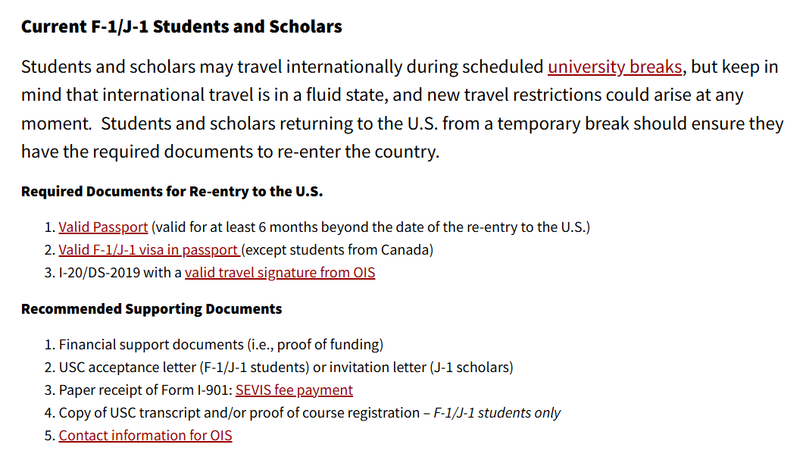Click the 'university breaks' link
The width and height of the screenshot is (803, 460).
click(x=614, y=67)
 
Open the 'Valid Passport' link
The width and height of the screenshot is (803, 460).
click(x=103, y=227)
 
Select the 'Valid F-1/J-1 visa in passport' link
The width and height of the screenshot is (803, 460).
click(x=149, y=249)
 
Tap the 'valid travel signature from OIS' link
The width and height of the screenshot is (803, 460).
click(x=280, y=272)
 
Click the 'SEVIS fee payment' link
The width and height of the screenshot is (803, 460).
click(x=294, y=390)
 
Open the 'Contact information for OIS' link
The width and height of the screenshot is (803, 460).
click(x=145, y=436)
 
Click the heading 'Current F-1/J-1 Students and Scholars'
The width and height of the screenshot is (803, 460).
click(x=181, y=27)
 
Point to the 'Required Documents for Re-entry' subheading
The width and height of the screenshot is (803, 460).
click(x=172, y=191)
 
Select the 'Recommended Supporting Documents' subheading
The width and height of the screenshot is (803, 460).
click(x=152, y=308)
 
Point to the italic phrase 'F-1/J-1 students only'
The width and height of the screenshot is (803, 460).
click(x=497, y=413)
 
